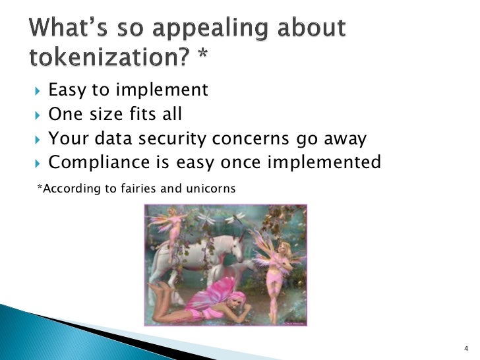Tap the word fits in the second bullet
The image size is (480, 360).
[142, 115]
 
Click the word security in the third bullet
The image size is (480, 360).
[175, 140]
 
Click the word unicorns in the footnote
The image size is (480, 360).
[210, 189]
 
